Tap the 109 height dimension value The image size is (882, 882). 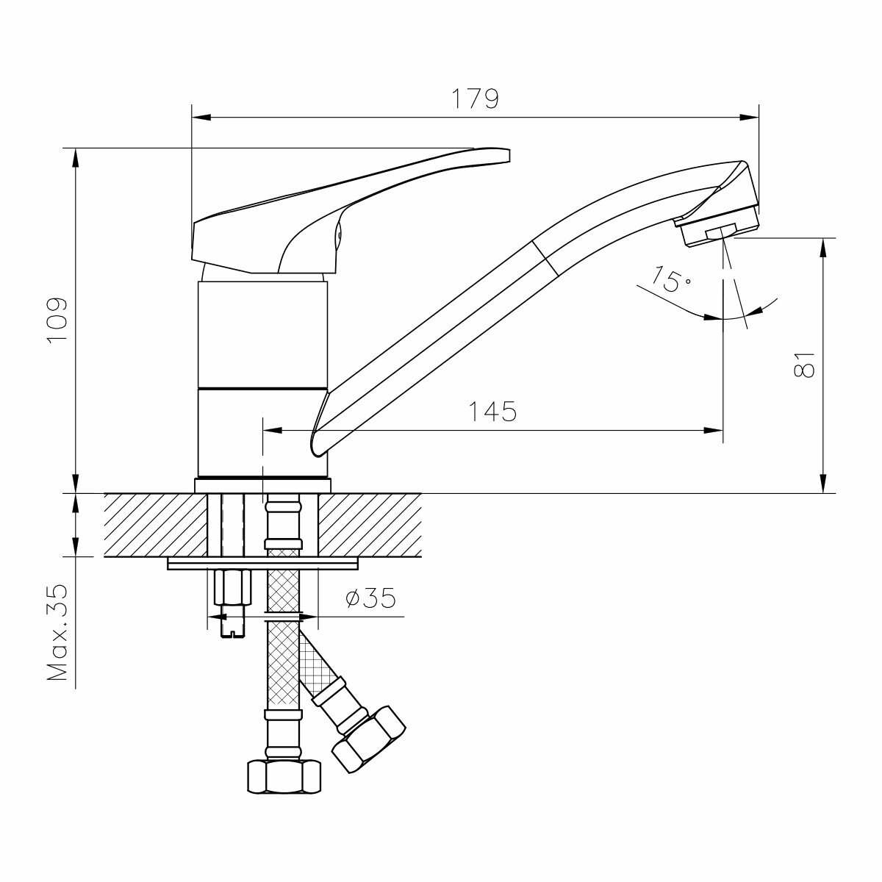coord(57,320)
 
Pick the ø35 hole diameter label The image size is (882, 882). coord(370,599)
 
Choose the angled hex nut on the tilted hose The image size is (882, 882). coord(368,739)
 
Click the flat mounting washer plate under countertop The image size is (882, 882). coord(262,563)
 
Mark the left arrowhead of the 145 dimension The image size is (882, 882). coord(270,430)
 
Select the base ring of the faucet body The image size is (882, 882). coord(262,484)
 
